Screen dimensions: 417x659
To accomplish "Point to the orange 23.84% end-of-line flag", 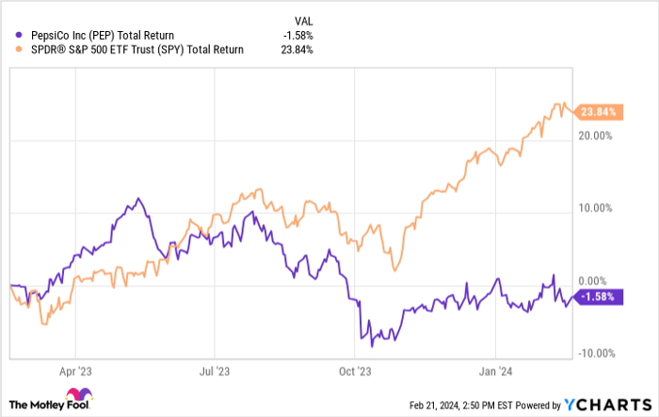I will pos(599,111).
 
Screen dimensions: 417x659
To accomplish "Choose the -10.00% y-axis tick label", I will pos(598,354).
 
